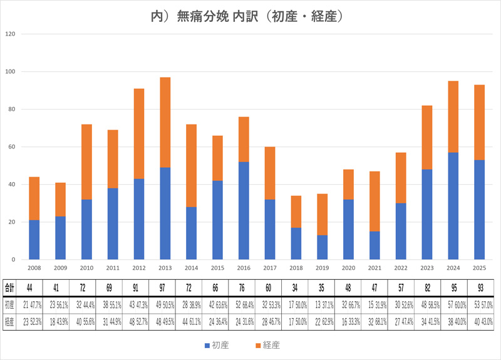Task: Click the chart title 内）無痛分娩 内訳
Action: point(250,14)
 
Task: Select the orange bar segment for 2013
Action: point(165,122)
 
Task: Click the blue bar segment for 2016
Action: point(244,210)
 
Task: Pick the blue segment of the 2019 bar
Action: point(322,247)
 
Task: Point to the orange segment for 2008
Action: point(34,198)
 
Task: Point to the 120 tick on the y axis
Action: point(10,34)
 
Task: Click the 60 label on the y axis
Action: point(11,147)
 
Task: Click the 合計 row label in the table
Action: point(10,289)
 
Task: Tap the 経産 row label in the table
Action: point(10,321)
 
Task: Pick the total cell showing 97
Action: point(165,289)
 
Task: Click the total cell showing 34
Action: point(296,289)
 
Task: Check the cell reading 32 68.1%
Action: point(374,321)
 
